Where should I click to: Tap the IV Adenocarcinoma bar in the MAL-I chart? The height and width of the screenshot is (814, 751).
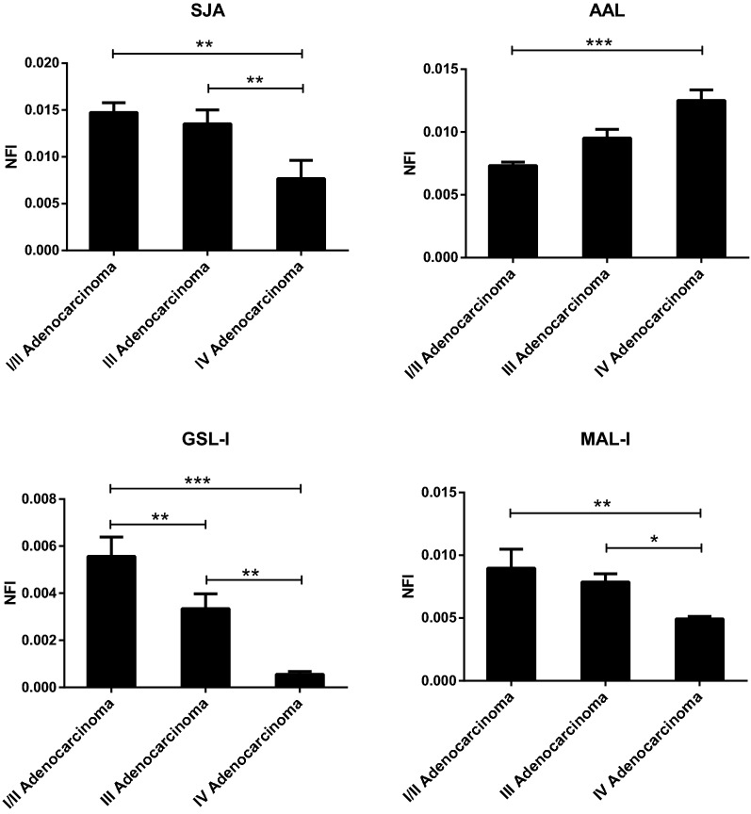(x=701, y=649)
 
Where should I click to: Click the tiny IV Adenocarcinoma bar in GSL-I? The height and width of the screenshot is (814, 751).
(x=301, y=680)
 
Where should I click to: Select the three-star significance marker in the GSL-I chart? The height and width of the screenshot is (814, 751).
(x=204, y=480)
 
